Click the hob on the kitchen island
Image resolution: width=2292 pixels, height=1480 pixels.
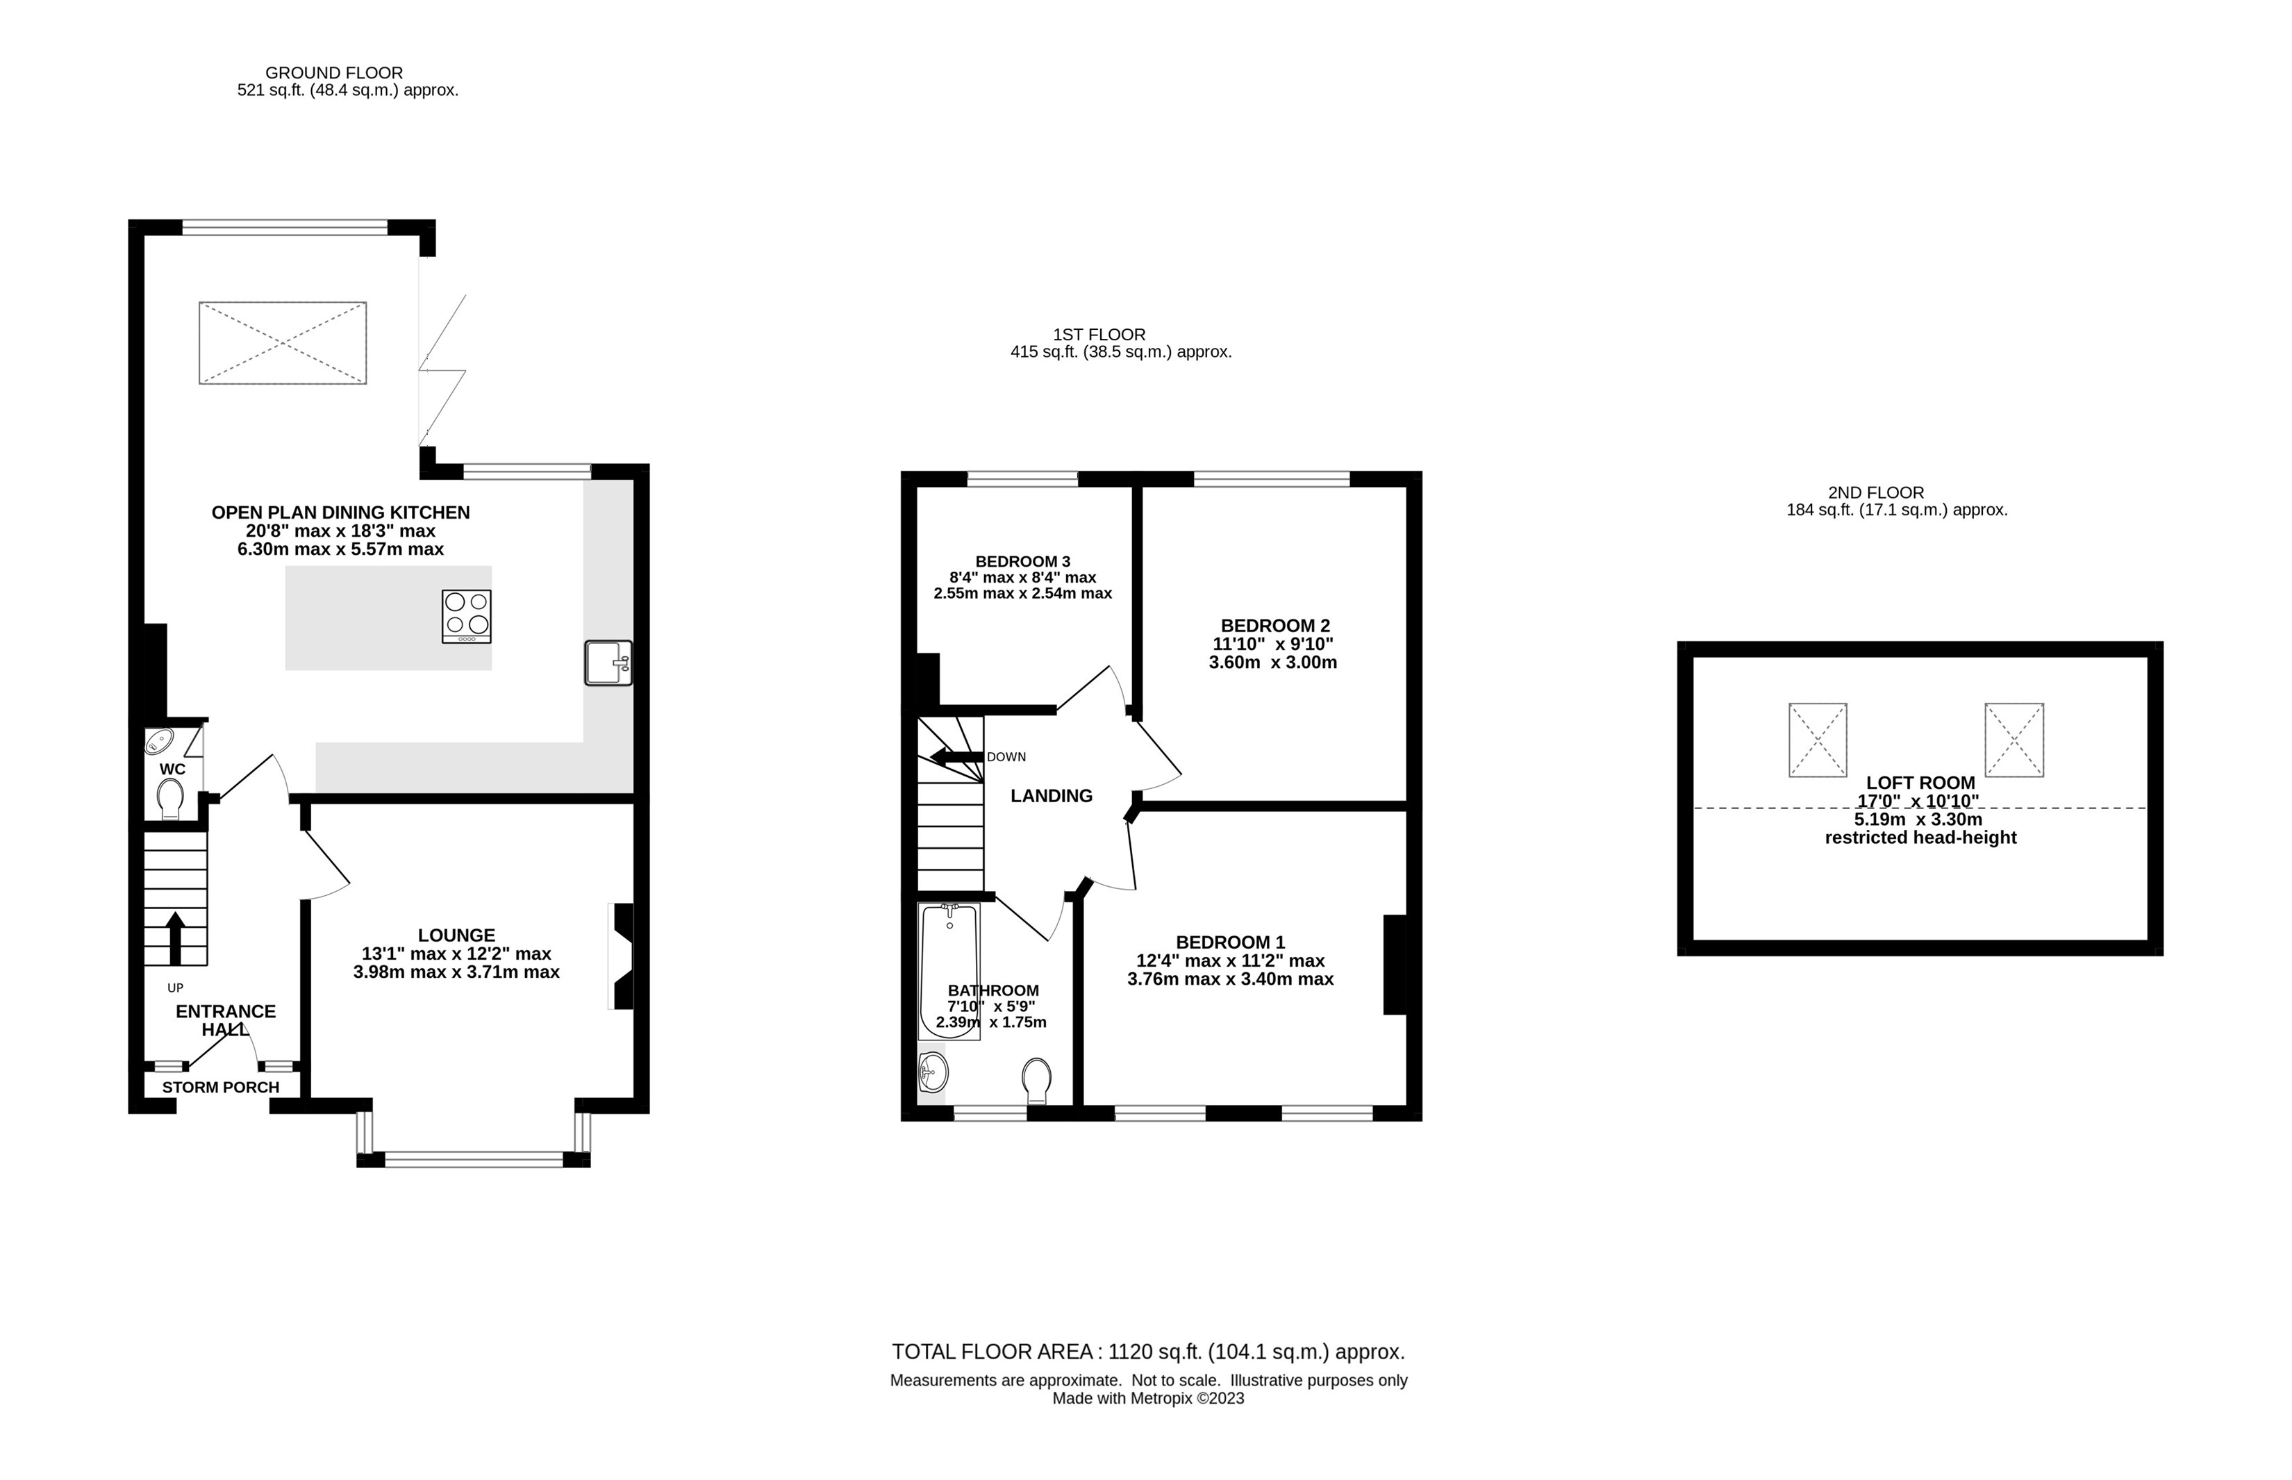click(466, 616)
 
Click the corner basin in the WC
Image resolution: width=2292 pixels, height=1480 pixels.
click(158, 742)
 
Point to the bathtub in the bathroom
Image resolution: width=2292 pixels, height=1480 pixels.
click(949, 971)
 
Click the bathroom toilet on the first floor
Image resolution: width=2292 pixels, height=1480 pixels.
click(1036, 1080)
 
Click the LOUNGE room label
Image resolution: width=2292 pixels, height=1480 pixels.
click(456, 935)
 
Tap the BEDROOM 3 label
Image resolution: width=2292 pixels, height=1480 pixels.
click(1022, 561)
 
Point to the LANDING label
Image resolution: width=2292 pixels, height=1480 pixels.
click(1052, 796)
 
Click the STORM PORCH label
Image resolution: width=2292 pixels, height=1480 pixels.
click(221, 1087)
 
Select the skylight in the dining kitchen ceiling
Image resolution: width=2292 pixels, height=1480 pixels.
click(283, 343)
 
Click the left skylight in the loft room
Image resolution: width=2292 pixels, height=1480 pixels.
click(1817, 740)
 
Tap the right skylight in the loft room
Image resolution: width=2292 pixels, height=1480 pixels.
click(2014, 740)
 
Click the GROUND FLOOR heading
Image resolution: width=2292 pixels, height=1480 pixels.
click(335, 72)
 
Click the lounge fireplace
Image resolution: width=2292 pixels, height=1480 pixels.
click(621, 956)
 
